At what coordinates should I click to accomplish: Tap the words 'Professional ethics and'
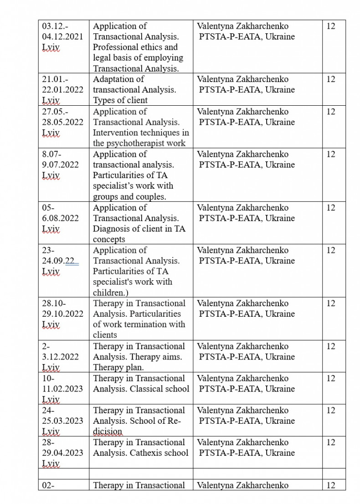pyautogui.click(x=135, y=47)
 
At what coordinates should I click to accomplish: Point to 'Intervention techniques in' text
pyautogui.click(x=141, y=133)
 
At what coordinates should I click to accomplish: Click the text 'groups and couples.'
pyautogui.click(x=129, y=197)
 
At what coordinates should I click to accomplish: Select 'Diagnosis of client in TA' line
pyautogui.click(x=139, y=229)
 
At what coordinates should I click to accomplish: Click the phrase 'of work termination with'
pyautogui.click(x=139, y=324)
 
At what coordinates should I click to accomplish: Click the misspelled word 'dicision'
pyautogui.click(x=108, y=431)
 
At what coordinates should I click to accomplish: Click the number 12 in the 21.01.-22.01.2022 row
pyautogui.click(x=331, y=79)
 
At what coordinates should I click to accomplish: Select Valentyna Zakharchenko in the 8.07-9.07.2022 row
pyautogui.click(x=242, y=154)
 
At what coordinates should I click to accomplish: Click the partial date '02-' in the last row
pyautogui.click(x=48, y=485)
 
